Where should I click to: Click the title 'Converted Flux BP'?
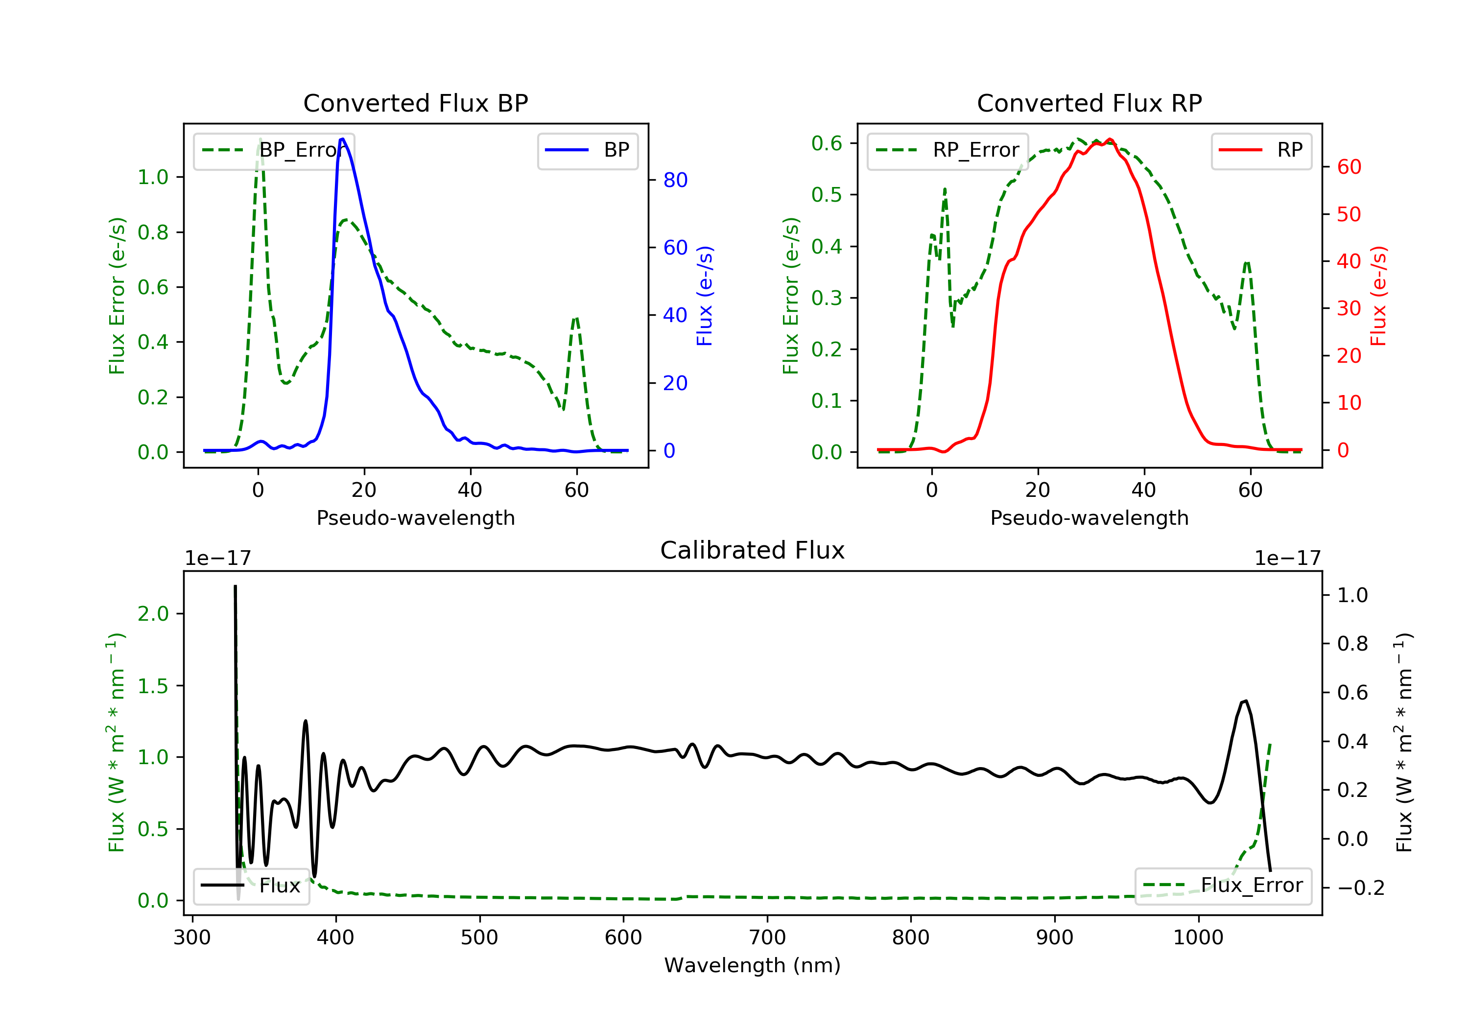pos(415,103)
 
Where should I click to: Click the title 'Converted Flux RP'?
pos(1089,103)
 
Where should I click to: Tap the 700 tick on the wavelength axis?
pos(767,938)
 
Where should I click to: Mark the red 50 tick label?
pos(1349,214)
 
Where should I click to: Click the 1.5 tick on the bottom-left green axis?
pos(152,686)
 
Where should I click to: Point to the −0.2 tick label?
pos(1360,888)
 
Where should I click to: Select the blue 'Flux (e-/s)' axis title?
pos(705,296)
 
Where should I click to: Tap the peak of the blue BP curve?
pos(342,139)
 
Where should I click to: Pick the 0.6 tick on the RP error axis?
pos(826,143)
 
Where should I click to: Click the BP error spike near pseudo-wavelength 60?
pos(576,318)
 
